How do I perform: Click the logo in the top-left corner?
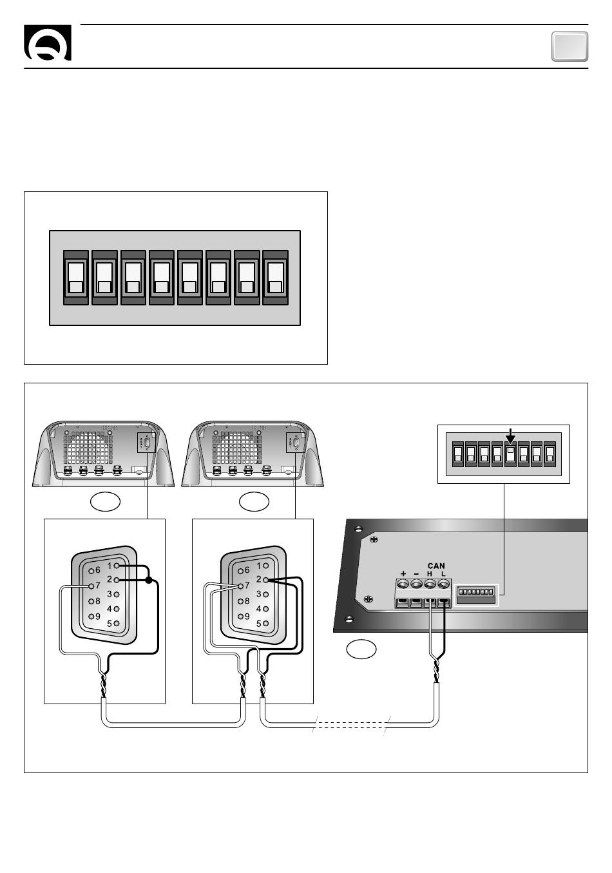pyautogui.click(x=48, y=43)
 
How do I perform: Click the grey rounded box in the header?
pyautogui.click(x=569, y=46)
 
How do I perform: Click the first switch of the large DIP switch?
pyautogui.click(x=75, y=278)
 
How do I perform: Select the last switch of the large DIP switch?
pyautogui.click(x=276, y=278)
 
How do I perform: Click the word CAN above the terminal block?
pyautogui.click(x=435, y=566)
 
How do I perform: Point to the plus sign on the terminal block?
pyautogui.click(x=403, y=573)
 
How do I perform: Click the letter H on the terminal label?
pyautogui.click(x=429, y=574)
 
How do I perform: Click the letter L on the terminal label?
pyautogui.click(x=443, y=574)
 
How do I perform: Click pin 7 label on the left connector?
pyautogui.click(x=98, y=586)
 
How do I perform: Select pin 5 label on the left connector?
pyautogui.click(x=110, y=624)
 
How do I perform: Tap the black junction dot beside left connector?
pyautogui.click(x=148, y=580)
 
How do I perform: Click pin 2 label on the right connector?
pyautogui.click(x=258, y=580)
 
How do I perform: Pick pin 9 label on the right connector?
pyautogui.click(x=247, y=617)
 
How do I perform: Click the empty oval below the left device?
pyautogui.click(x=105, y=502)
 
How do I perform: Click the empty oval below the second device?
pyautogui.click(x=254, y=502)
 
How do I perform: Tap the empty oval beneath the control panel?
pyautogui.click(x=361, y=649)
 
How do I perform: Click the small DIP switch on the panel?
pyautogui.click(x=475, y=595)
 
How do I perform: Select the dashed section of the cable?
pyautogui.click(x=351, y=725)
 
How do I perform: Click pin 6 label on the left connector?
pyautogui.click(x=98, y=570)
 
